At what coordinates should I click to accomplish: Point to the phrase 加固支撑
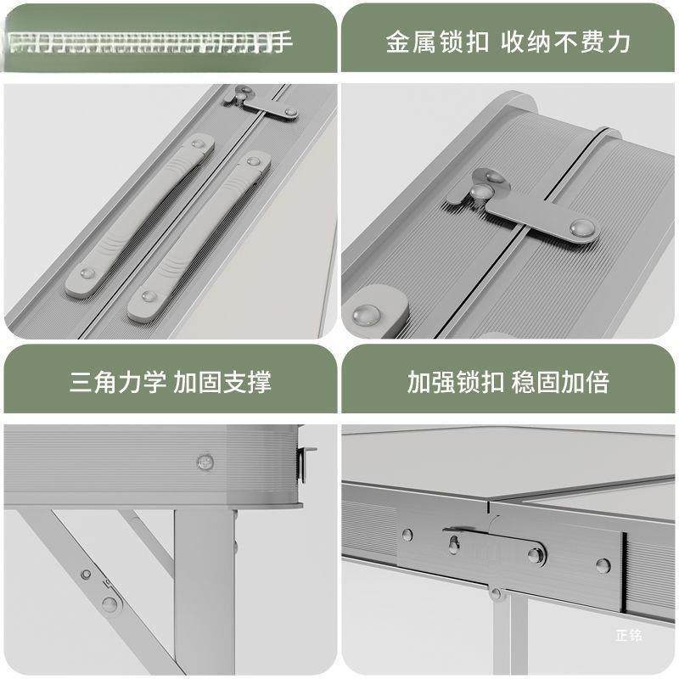tap(222, 381)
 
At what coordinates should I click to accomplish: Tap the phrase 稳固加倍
tap(560, 381)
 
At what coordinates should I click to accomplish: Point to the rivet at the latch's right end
tap(582, 227)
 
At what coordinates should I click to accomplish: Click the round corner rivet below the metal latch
tap(368, 315)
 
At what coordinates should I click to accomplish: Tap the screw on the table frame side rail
tap(205, 462)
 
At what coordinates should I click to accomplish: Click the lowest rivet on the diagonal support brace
tap(109, 604)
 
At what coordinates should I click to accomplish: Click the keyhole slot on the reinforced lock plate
tap(455, 544)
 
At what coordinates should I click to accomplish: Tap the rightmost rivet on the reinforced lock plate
tap(603, 565)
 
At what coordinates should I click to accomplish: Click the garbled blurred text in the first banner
tap(144, 42)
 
